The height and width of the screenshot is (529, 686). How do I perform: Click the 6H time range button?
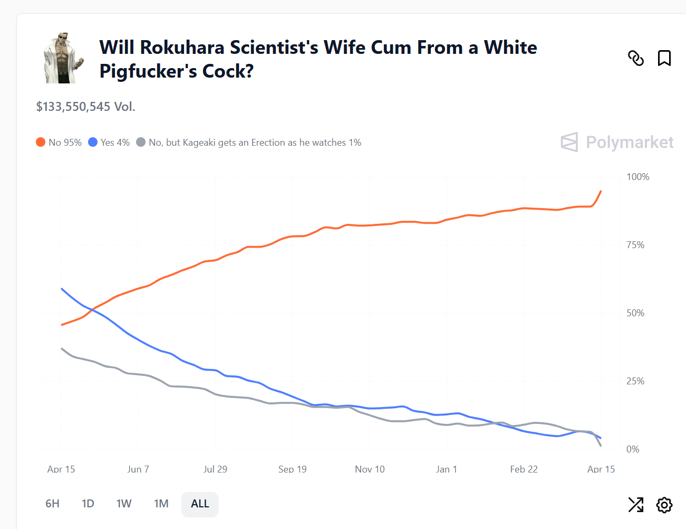(52, 504)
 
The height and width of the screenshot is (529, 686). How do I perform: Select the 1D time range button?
(88, 504)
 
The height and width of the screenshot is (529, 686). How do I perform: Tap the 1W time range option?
(124, 504)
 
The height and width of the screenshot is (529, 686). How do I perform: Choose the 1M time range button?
(161, 504)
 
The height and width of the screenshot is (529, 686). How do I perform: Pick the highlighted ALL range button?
(200, 504)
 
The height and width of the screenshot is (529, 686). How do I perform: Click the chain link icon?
(636, 58)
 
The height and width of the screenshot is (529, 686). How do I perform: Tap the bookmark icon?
(664, 58)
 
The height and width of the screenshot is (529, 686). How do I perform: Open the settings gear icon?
(664, 505)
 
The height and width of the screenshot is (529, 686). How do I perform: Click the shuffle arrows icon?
(636, 505)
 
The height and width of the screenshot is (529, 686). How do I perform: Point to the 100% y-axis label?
(637, 177)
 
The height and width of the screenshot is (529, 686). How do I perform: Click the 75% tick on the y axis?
(635, 245)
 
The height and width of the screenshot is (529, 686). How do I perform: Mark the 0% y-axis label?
(633, 449)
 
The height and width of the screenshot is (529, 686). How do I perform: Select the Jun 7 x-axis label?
(138, 469)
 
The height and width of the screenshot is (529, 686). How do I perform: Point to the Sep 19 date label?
(292, 469)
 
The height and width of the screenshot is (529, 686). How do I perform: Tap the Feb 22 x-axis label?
(524, 469)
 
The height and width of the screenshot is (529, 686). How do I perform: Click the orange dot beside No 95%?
(41, 142)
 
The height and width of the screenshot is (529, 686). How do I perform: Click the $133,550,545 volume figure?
(73, 107)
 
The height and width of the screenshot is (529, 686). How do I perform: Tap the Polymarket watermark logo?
(617, 142)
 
